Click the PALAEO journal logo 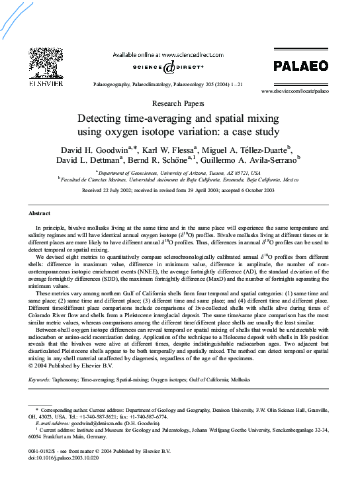pos(301,66)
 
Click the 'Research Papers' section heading pos(179,104)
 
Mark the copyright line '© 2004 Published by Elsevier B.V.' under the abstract pos(70,365)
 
